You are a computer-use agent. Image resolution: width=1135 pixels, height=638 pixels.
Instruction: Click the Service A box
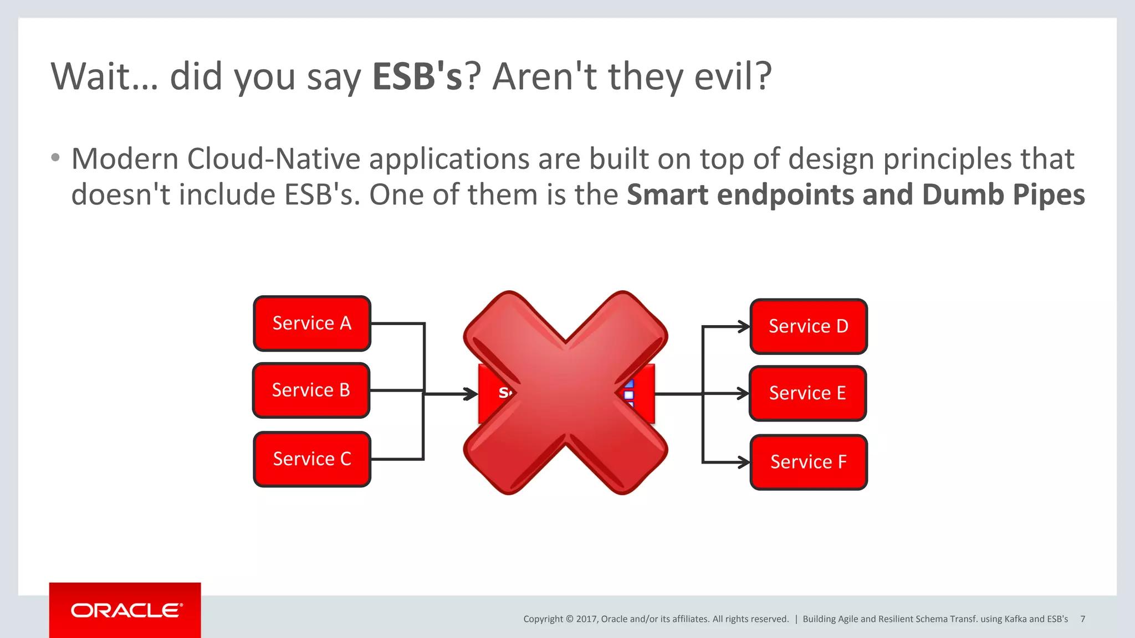click(311, 323)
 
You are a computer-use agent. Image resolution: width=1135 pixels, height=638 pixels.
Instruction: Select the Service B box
click(311, 390)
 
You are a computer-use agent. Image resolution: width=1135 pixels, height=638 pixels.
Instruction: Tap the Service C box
click(311, 459)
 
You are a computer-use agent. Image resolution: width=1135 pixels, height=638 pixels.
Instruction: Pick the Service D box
click(808, 326)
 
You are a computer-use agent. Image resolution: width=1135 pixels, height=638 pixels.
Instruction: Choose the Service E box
click(807, 393)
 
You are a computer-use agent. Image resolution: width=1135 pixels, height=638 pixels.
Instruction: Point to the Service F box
click(808, 462)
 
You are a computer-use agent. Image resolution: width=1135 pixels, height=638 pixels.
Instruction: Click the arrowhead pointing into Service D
click(744, 327)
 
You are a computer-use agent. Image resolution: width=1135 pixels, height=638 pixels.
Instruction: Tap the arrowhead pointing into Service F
click(744, 462)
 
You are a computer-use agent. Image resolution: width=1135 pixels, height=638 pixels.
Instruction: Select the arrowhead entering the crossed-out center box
click(472, 394)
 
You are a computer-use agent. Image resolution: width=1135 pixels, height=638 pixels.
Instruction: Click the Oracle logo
click(126, 610)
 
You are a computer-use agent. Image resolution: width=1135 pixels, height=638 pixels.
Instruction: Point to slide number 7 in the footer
click(1082, 619)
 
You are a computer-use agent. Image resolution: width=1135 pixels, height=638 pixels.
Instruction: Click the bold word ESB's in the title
click(417, 76)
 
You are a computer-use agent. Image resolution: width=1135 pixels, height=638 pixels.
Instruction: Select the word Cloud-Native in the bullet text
click(274, 159)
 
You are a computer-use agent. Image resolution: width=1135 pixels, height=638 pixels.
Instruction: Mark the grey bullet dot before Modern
click(55, 158)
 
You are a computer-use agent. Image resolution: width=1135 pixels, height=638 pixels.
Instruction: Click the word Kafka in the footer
click(1015, 619)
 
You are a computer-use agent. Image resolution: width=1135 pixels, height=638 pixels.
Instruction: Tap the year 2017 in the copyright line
click(586, 619)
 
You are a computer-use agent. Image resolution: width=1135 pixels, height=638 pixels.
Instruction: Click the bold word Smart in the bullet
click(667, 195)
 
